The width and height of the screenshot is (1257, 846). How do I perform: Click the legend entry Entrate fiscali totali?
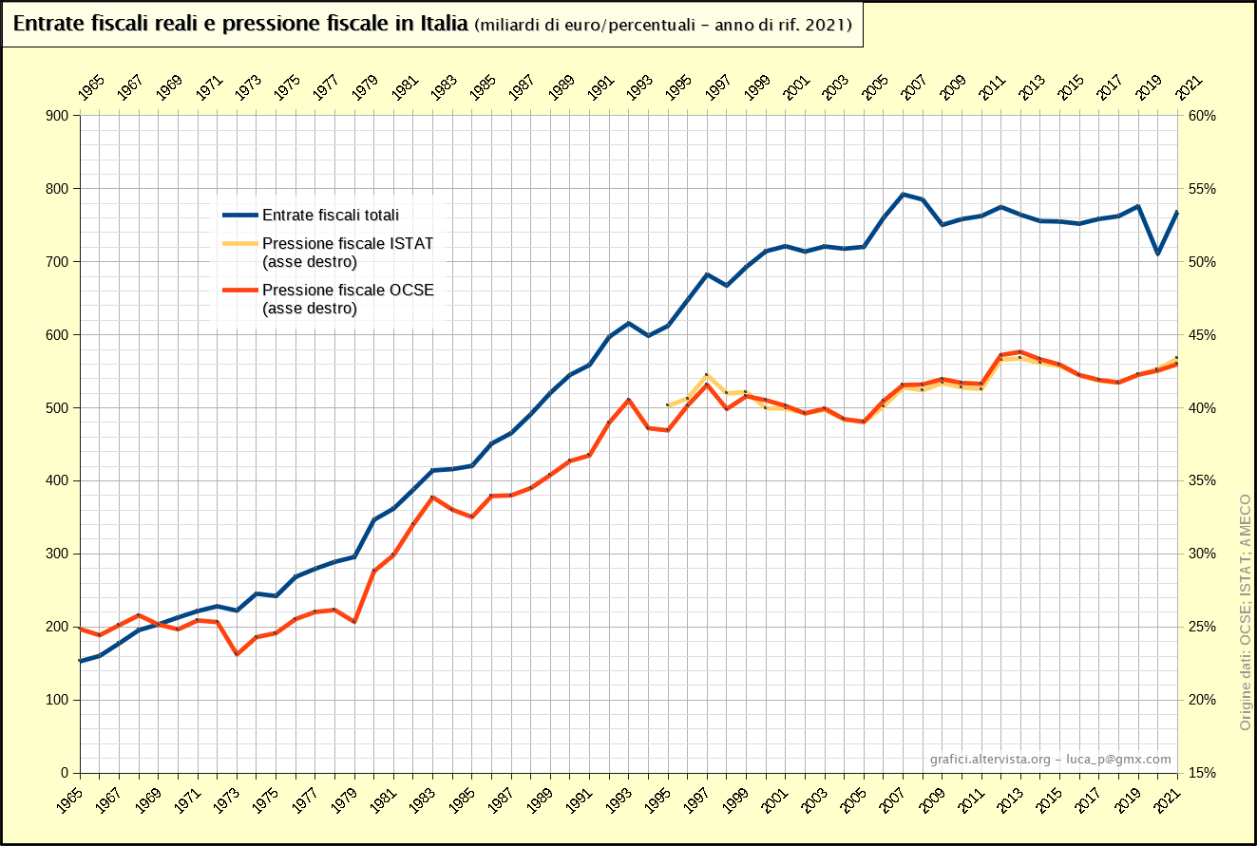tap(331, 216)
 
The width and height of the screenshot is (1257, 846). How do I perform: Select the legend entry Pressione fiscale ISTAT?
tap(347, 243)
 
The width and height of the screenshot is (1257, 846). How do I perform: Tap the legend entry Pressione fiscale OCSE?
tap(348, 290)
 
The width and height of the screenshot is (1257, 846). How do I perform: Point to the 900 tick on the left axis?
tap(57, 116)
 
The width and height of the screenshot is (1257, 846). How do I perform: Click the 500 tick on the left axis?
tap(57, 408)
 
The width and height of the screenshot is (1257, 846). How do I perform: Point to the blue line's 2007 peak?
tap(904, 195)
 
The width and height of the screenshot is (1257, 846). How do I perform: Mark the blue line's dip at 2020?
tap(1157, 254)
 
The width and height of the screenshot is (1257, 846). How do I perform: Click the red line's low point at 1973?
tap(237, 654)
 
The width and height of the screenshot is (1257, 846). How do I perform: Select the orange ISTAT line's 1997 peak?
tap(707, 375)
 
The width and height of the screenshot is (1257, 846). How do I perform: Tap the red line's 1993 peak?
tap(629, 400)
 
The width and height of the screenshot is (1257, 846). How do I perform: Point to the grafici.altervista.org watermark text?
tap(990, 760)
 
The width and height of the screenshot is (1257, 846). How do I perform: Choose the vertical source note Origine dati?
tap(1244, 612)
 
